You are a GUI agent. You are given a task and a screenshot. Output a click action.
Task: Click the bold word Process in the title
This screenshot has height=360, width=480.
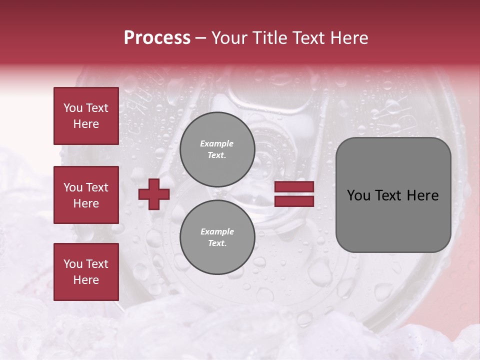(x=157, y=38)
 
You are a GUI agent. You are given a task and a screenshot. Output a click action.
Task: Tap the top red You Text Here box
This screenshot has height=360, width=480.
(x=86, y=116)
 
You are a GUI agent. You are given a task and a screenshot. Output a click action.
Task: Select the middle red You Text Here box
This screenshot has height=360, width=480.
(x=86, y=195)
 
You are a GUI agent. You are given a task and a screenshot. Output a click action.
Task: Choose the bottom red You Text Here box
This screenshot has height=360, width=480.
(x=86, y=272)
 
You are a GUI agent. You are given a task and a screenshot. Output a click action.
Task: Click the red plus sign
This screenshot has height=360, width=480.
(x=154, y=194)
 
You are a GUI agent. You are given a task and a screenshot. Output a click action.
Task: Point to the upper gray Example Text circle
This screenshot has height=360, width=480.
(x=217, y=149)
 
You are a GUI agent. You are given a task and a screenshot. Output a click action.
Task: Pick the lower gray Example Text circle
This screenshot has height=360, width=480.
(x=217, y=237)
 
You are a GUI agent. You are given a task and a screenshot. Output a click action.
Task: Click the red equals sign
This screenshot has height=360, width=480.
(x=294, y=194)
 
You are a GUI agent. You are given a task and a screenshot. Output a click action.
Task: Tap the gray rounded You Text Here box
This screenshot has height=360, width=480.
(x=393, y=195)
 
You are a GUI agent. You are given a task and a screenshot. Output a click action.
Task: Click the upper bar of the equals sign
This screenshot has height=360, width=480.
(x=294, y=187)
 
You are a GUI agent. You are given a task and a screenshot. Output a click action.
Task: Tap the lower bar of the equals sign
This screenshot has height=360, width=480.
(x=294, y=201)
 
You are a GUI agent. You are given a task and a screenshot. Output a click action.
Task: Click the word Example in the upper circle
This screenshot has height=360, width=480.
(x=217, y=143)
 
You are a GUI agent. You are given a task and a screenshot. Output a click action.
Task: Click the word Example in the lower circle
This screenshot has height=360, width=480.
(x=217, y=231)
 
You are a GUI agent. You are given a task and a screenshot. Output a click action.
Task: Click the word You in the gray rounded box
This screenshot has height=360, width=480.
(x=358, y=195)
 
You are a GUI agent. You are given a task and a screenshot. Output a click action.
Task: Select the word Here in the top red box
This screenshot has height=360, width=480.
(x=86, y=124)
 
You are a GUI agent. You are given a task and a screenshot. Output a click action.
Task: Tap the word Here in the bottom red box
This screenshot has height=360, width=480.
(x=86, y=280)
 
